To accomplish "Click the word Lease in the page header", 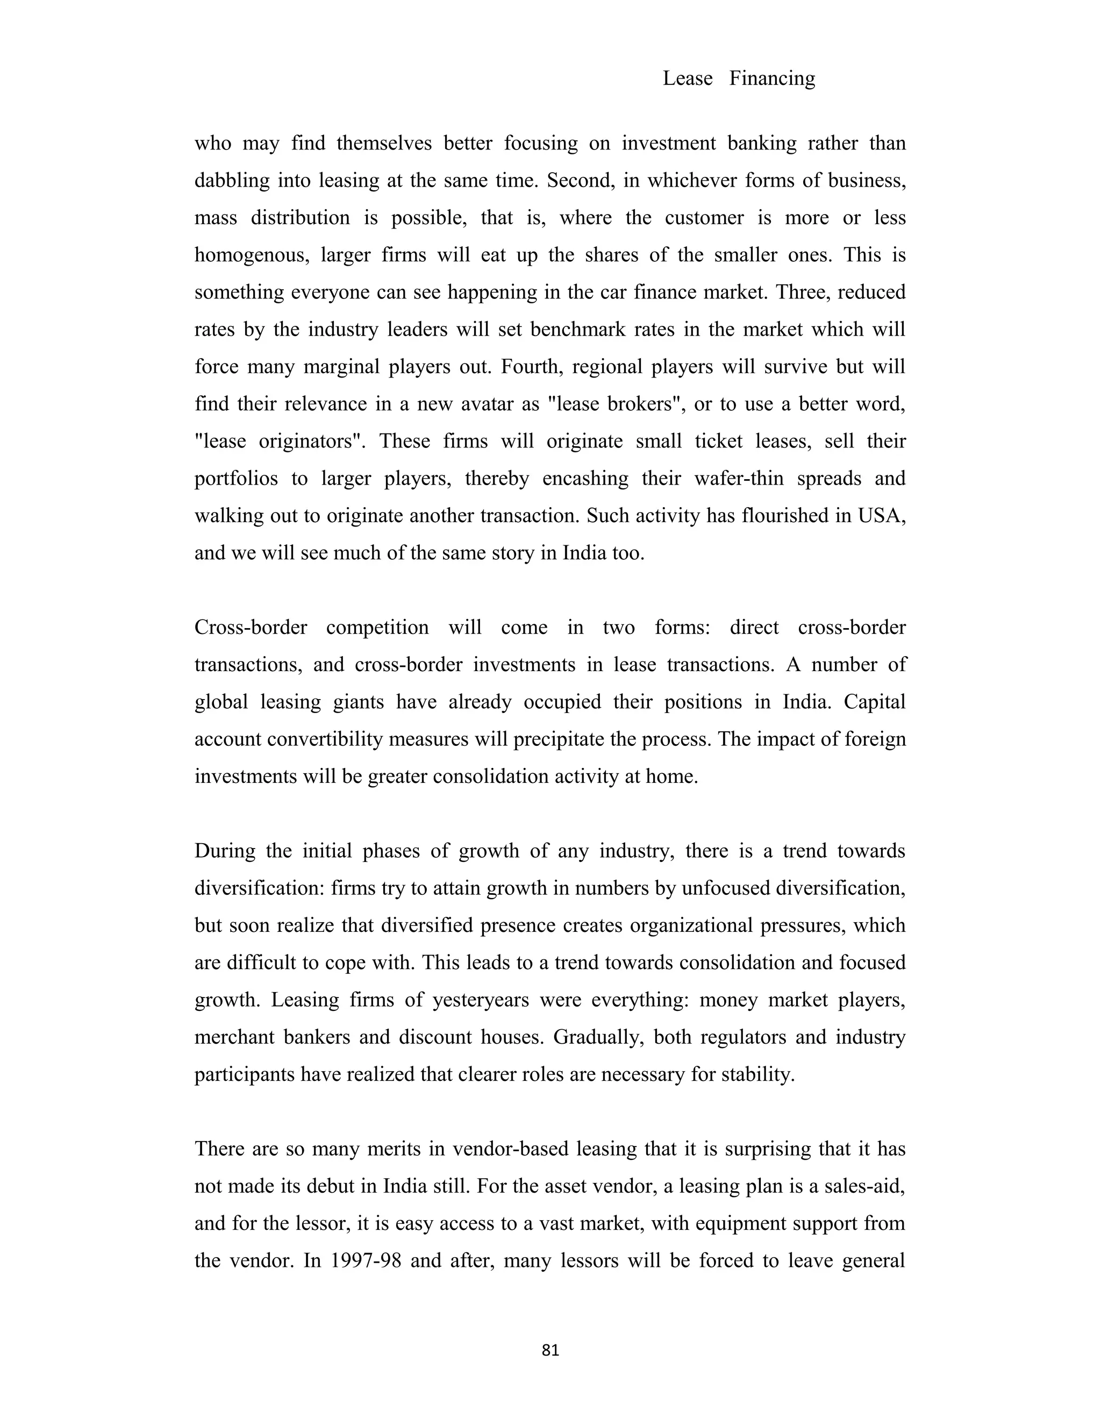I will [688, 79].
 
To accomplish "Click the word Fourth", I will [527, 367].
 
